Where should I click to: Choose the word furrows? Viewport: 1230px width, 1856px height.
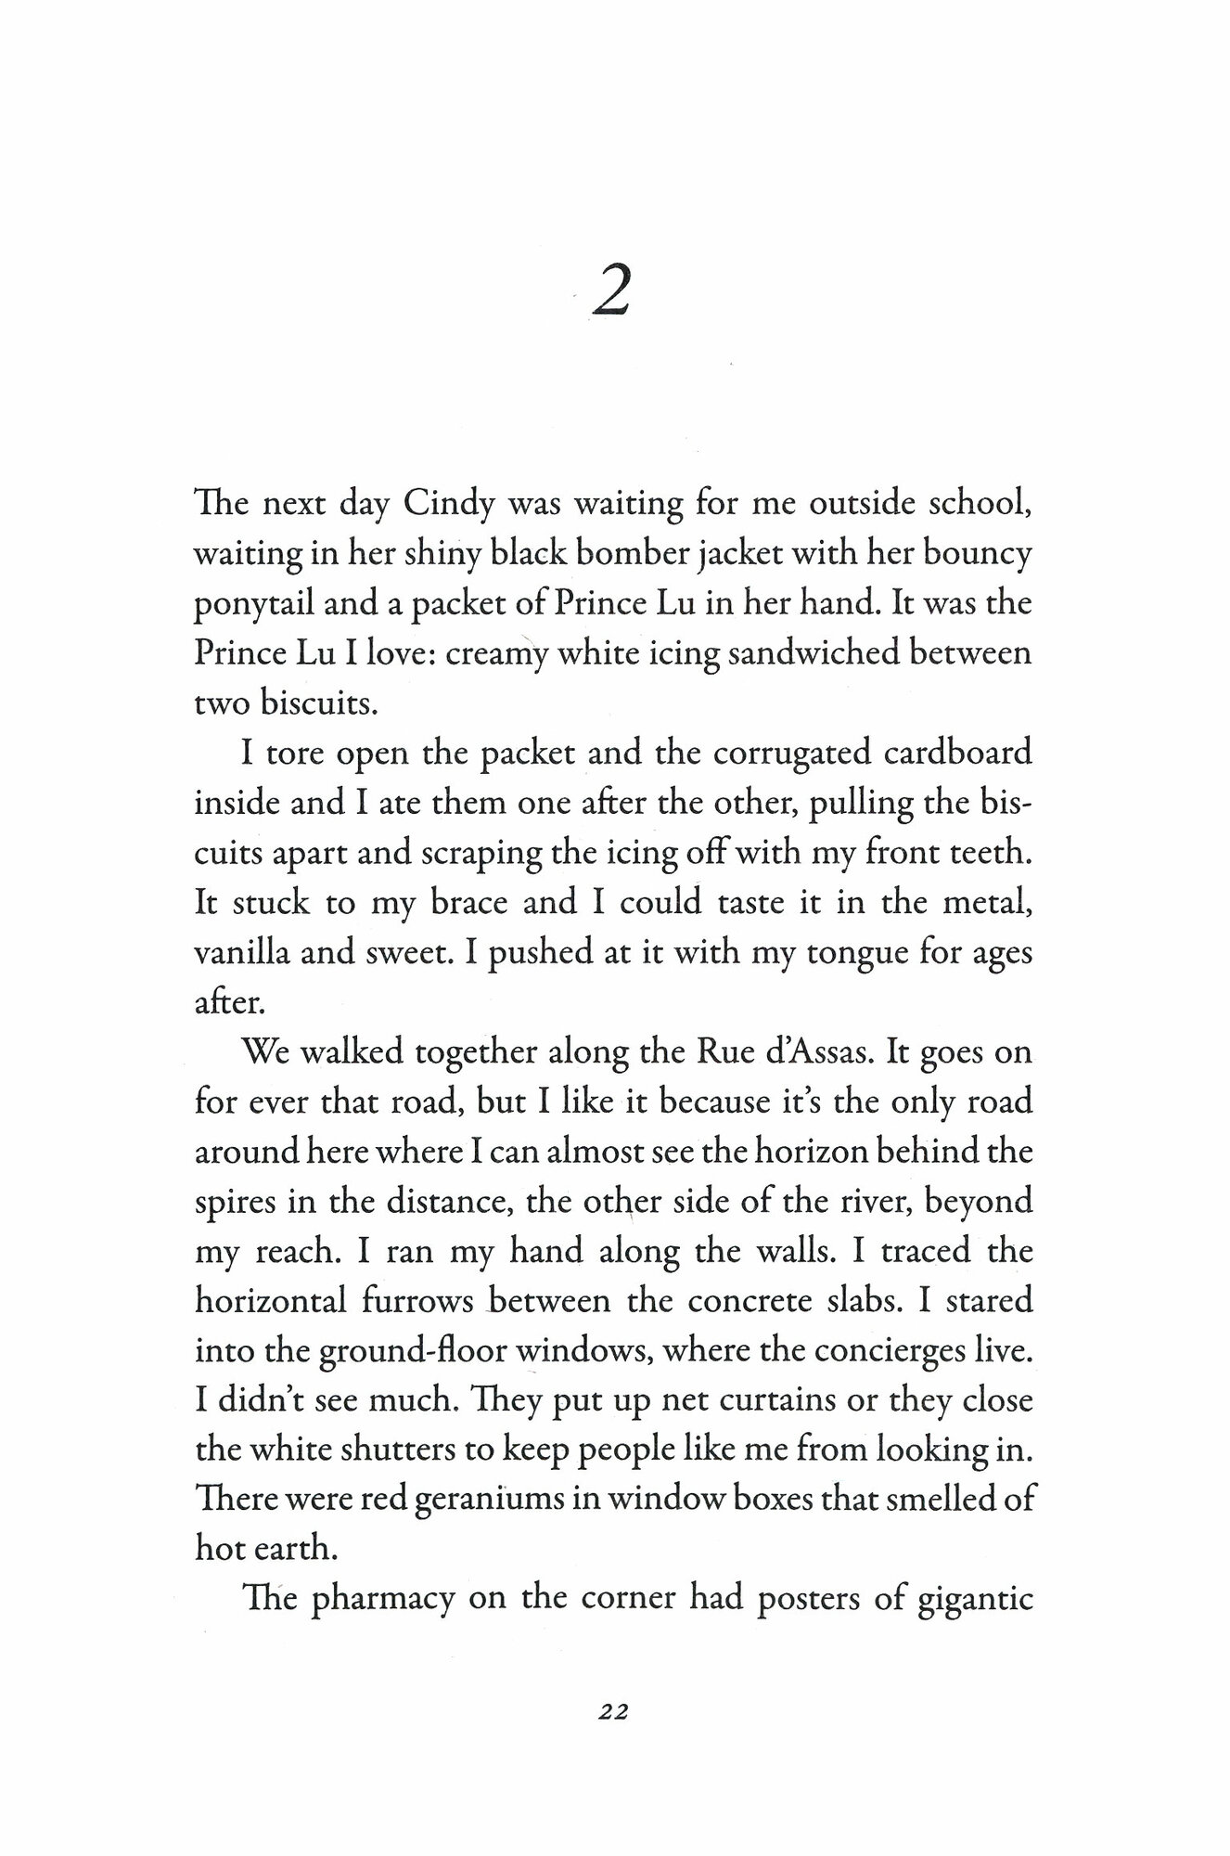coord(415,1300)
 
